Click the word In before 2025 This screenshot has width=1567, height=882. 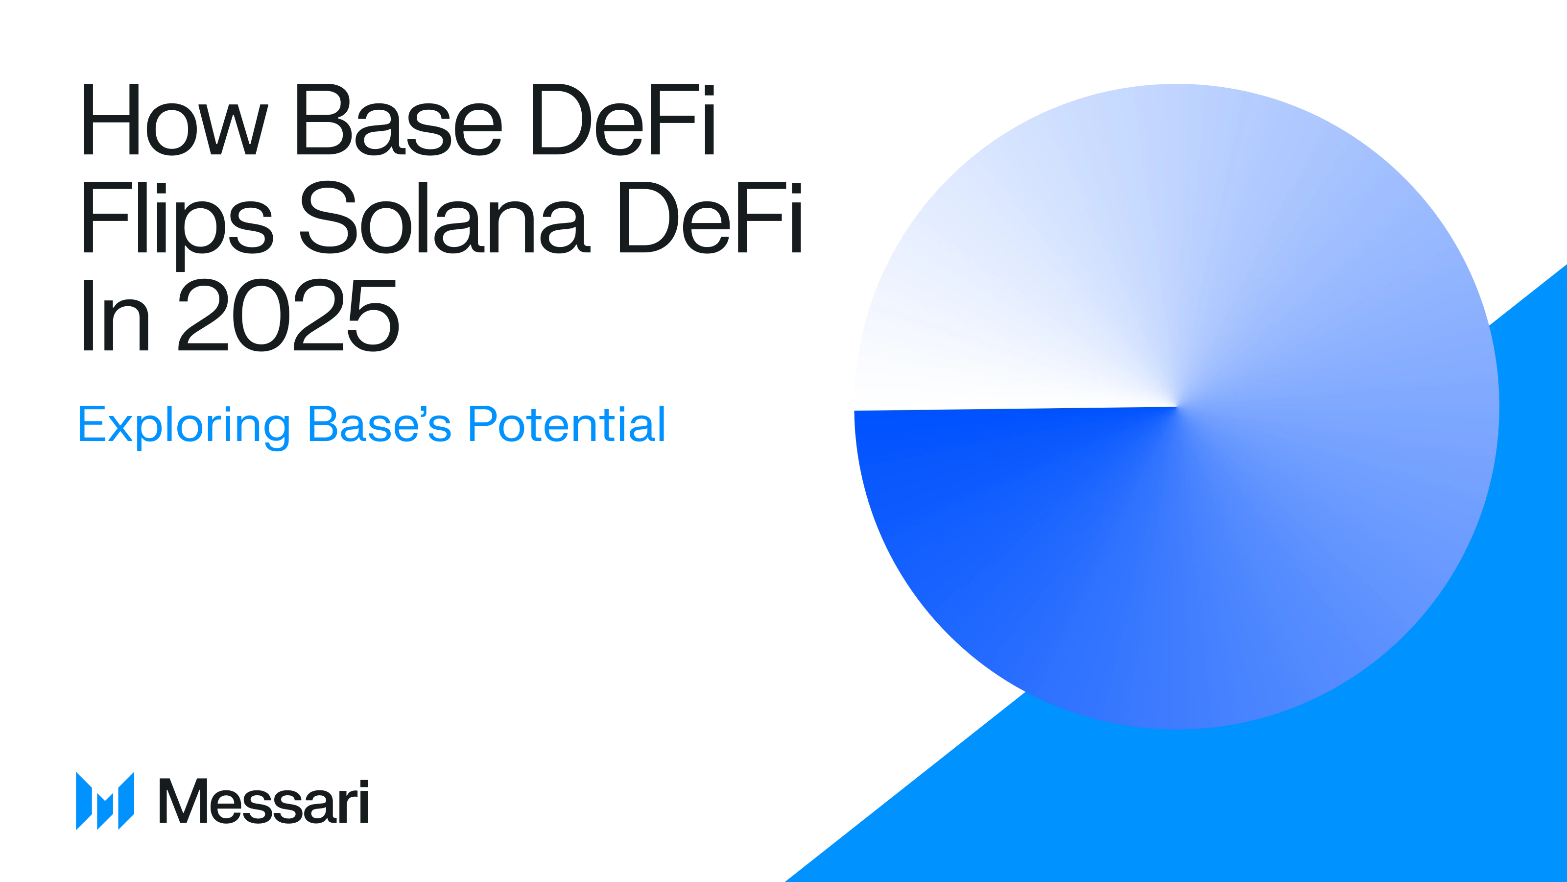[x=116, y=315]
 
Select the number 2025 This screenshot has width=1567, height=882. [x=288, y=315]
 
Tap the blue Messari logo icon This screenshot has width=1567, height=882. [x=105, y=801]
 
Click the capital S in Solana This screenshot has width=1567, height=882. [x=328, y=218]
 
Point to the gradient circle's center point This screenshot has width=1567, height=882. [x=1176, y=407]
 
